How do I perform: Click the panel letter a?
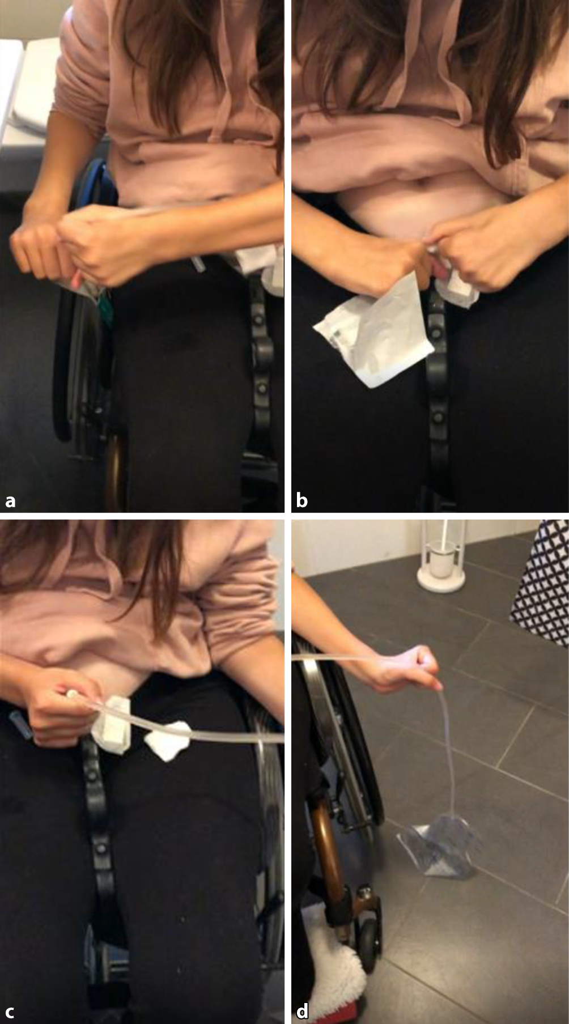pyautogui.click(x=10, y=501)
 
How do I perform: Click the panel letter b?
pyautogui.click(x=302, y=500)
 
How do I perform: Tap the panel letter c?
pyautogui.click(x=10, y=1012)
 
